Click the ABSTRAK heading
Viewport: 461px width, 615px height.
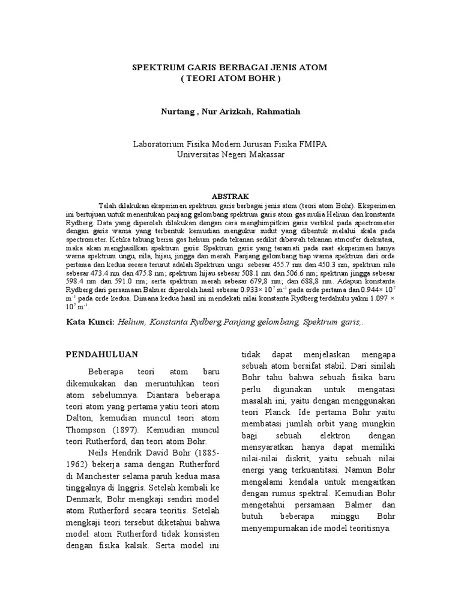[230, 196]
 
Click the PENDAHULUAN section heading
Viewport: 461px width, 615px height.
[102, 354]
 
